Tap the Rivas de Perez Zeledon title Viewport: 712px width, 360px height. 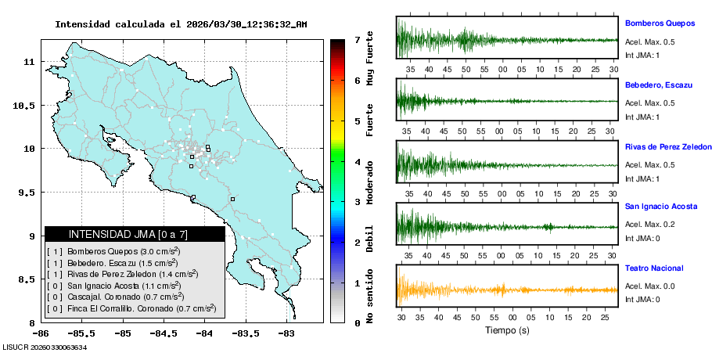pos(668,146)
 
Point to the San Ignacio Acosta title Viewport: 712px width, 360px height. pos(662,207)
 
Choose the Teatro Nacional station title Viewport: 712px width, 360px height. pos(654,268)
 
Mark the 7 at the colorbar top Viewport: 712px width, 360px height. pos(357,38)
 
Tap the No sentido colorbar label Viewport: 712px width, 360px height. pos(370,298)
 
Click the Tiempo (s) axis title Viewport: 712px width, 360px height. pos(506,330)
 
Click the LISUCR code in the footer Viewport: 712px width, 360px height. pos(45,347)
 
